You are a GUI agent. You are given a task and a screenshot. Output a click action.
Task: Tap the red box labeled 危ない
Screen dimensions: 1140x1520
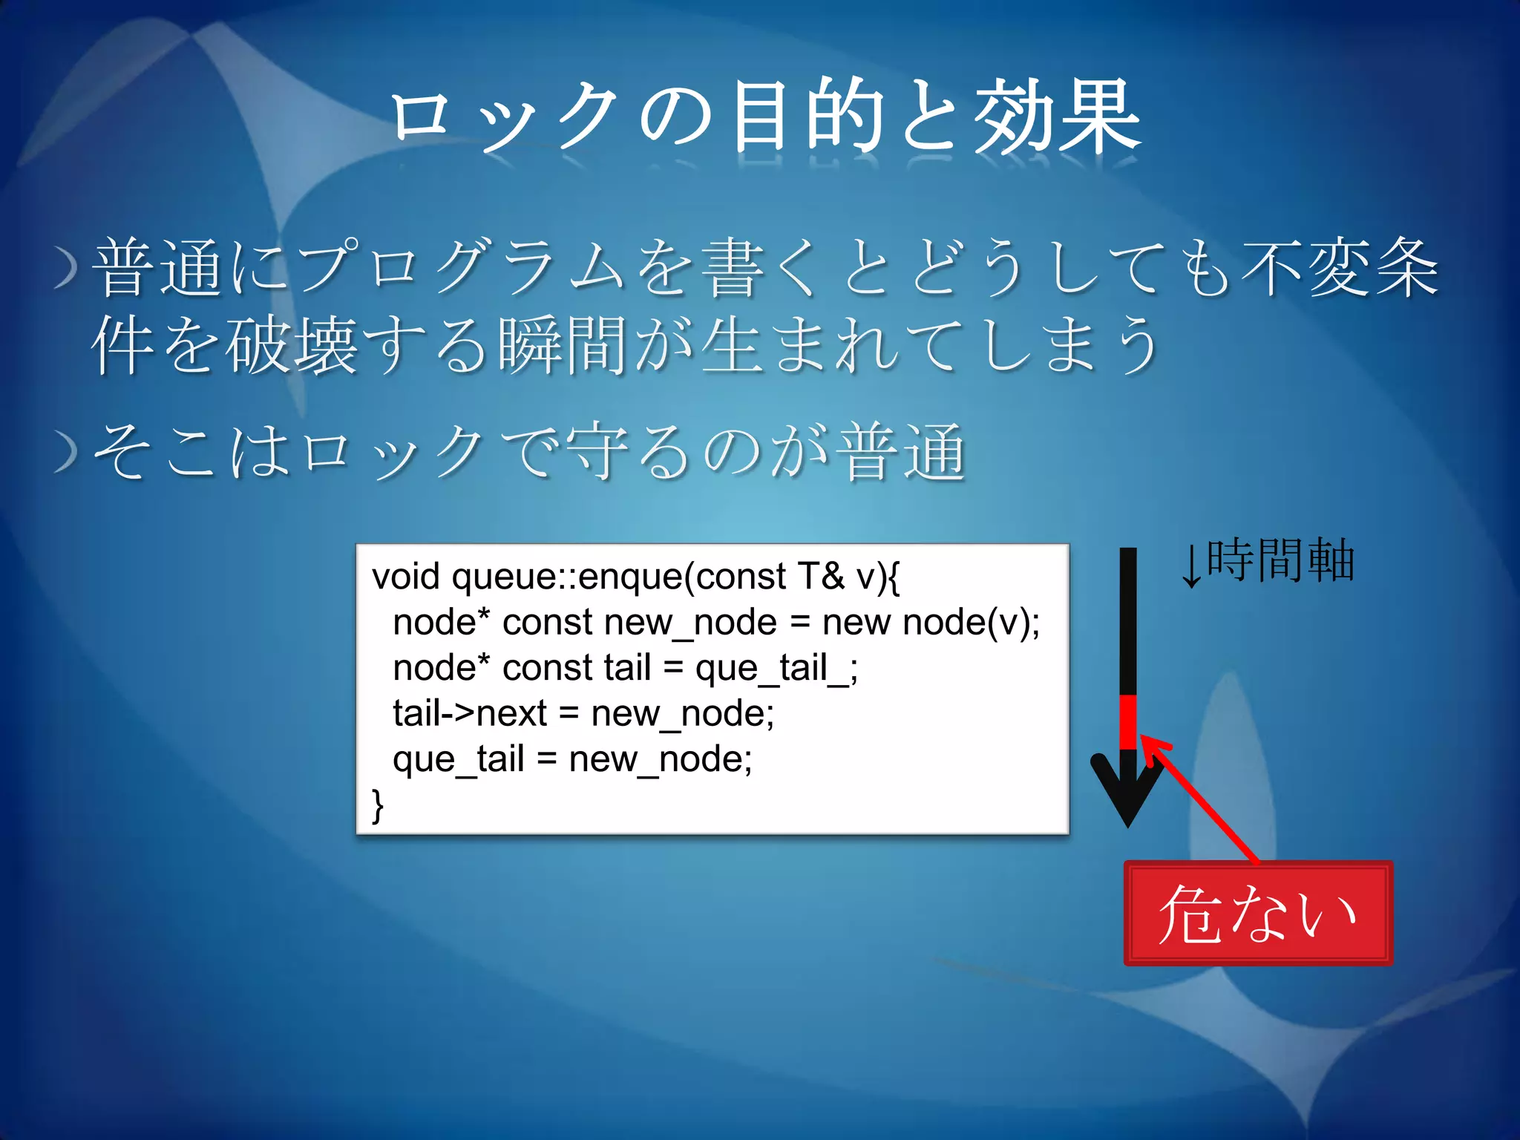coord(1258,914)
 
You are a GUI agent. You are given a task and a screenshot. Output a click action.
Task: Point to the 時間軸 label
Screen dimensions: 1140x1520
coord(1280,560)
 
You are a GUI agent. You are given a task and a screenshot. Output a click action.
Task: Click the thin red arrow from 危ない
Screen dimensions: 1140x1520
coord(1202,802)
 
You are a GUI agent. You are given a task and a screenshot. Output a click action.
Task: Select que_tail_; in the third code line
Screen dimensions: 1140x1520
coord(776,668)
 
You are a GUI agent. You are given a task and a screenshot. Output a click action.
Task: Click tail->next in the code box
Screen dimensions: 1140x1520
coord(469,714)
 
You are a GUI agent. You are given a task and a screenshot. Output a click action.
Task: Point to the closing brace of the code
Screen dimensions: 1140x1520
coord(378,805)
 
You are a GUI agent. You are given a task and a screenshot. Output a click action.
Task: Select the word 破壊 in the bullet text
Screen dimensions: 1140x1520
coord(292,345)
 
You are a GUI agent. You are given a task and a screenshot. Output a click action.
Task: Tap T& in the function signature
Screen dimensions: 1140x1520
coord(820,577)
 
